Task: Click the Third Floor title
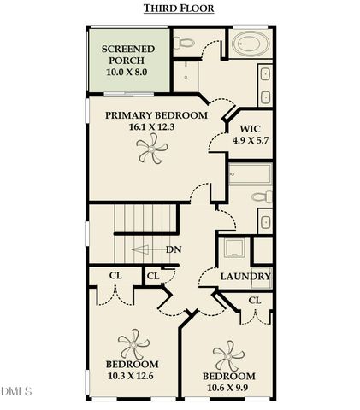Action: [x=179, y=9]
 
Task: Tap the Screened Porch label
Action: [x=128, y=56]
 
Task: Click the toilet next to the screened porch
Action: [x=183, y=43]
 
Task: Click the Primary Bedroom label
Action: [x=156, y=114]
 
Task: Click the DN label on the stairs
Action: [x=174, y=249]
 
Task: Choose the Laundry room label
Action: [x=245, y=277]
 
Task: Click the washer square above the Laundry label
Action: [x=234, y=249]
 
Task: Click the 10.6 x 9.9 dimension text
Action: [x=228, y=387]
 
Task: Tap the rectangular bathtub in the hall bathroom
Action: [x=250, y=174]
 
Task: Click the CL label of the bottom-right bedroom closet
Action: [x=254, y=301]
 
